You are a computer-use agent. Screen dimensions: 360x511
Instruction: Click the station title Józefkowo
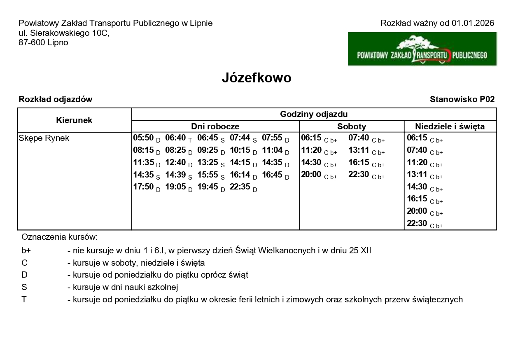click(x=257, y=78)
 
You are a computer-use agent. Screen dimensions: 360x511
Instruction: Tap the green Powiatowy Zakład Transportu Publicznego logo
click(x=422, y=49)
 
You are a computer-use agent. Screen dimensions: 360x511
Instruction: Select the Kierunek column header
click(x=74, y=120)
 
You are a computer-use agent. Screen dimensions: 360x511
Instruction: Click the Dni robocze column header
click(x=215, y=126)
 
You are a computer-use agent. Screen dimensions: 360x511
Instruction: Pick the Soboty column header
click(x=351, y=126)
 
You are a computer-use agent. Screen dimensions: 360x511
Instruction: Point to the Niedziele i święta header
click(x=450, y=126)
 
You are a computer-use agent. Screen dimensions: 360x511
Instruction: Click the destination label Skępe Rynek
click(x=44, y=138)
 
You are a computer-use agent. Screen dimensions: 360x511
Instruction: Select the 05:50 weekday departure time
click(x=143, y=138)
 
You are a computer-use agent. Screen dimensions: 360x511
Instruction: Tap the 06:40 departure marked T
click(x=175, y=138)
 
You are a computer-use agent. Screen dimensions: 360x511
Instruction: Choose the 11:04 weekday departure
click(x=272, y=150)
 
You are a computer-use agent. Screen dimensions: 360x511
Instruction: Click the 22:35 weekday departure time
click(x=240, y=187)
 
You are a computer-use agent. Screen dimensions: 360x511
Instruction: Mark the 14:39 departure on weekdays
click(x=175, y=175)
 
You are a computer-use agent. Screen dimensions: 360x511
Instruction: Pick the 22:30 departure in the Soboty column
click(x=359, y=175)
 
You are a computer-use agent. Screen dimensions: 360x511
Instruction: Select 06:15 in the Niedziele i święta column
click(x=417, y=138)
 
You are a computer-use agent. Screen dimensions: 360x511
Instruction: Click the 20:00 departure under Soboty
click(x=311, y=175)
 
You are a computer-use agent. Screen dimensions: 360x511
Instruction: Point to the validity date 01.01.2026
click(x=472, y=23)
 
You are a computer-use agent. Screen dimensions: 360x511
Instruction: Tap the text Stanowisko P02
click(x=462, y=99)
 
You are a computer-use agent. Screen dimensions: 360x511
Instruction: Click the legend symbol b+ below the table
click(x=26, y=250)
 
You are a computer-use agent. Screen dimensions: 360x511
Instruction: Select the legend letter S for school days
click(x=24, y=288)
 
